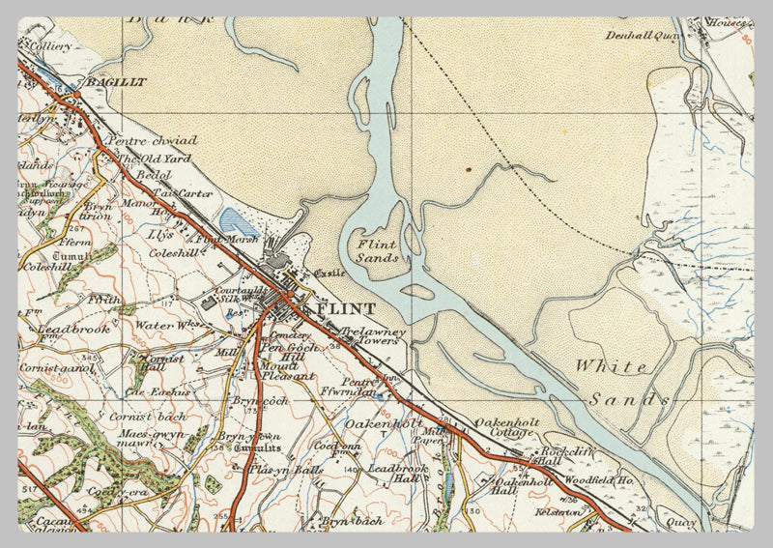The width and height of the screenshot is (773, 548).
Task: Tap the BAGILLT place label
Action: tap(115, 83)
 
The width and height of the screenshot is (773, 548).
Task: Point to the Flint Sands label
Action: tap(377, 251)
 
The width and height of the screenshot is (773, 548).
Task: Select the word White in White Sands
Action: tap(612, 366)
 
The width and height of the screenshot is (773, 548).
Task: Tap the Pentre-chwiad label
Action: tap(155, 141)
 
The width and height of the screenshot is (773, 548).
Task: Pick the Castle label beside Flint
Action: tap(328, 274)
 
